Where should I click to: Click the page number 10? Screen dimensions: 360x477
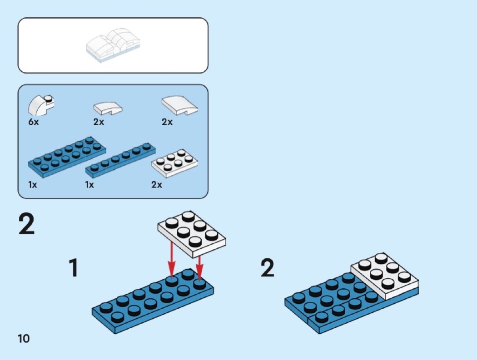pos(24,338)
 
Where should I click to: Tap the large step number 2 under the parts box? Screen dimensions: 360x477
pos(27,225)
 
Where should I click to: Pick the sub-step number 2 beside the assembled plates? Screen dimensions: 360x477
pos(267,268)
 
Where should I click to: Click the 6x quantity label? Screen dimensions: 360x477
pos(33,122)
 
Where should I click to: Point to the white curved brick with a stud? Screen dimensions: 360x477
pos(40,105)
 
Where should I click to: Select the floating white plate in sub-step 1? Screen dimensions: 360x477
pos(191,231)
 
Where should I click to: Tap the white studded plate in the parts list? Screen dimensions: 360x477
pos(174,163)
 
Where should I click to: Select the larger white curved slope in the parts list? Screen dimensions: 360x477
pos(180,106)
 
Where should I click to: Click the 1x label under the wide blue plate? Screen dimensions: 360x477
pos(33,185)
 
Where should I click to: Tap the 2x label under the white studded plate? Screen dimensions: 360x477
pos(157,185)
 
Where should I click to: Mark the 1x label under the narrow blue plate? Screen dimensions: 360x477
pos(89,185)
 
